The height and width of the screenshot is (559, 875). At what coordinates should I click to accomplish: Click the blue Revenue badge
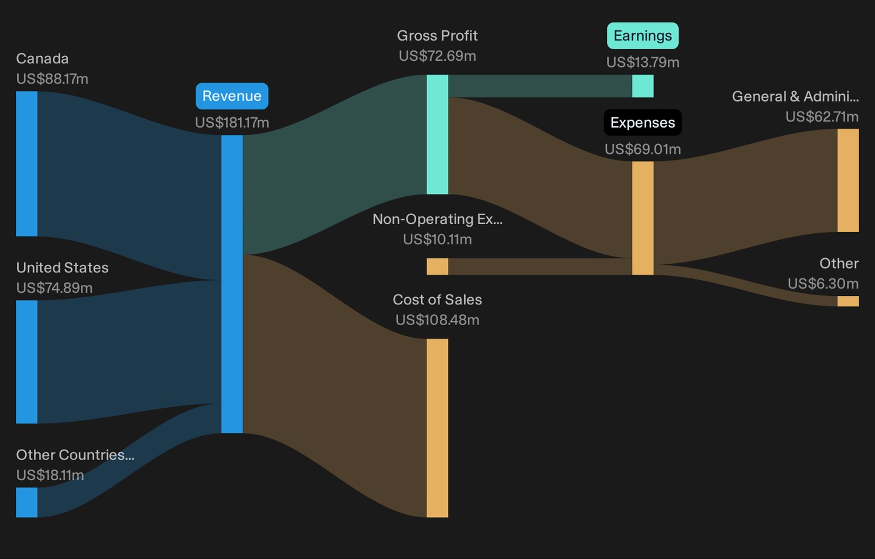pyautogui.click(x=232, y=96)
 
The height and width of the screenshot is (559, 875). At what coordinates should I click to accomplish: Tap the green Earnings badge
pyautogui.click(x=643, y=36)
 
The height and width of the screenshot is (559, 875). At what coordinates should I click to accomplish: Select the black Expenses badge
pyautogui.click(x=643, y=123)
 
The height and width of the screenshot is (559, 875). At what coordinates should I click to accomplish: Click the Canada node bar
pyautogui.click(x=27, y=163)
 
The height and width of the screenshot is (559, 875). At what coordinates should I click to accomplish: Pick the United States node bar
pyautogui.click(x=27, y=362)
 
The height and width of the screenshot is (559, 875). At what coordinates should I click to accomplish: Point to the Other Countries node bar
pyautogui.click(x=27, y=502)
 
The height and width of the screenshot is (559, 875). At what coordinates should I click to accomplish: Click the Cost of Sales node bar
pyautogui.click(x=437, y=428)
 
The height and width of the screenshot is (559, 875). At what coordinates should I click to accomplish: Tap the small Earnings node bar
pyautogui.click(x=643, y=86)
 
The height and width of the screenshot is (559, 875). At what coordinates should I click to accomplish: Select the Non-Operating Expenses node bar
pyautogui.click(x=437, y=266)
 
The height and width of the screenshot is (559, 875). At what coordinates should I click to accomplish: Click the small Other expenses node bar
pyautogui.click(x=848, y=301)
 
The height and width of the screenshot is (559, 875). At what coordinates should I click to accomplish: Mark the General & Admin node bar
pyautogui.click(x=848, y=180)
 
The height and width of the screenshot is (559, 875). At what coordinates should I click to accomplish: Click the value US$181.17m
pyautogui.click(x=232, y=123)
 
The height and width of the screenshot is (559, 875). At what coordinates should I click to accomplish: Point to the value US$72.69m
pyautogui.click(x=437, y=56)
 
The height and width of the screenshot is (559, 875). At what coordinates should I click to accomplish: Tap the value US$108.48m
pyautogui.click(x=437, y=320)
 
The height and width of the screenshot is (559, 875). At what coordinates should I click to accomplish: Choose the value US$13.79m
pyautogui.click(x=643, y=63)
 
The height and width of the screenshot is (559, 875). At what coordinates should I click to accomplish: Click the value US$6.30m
pyautogui.click(x=823, y=284)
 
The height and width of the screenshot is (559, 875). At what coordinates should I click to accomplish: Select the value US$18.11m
pyautogui.click(x=50, y=475)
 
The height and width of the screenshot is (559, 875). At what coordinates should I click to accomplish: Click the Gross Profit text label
pyautogui.click(x=437, y=36)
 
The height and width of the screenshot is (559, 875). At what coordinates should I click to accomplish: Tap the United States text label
pyautogui.click(x=63, y=267)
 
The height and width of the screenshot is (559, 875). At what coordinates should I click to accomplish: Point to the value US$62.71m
pyautogui.click(x=822, y=117)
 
